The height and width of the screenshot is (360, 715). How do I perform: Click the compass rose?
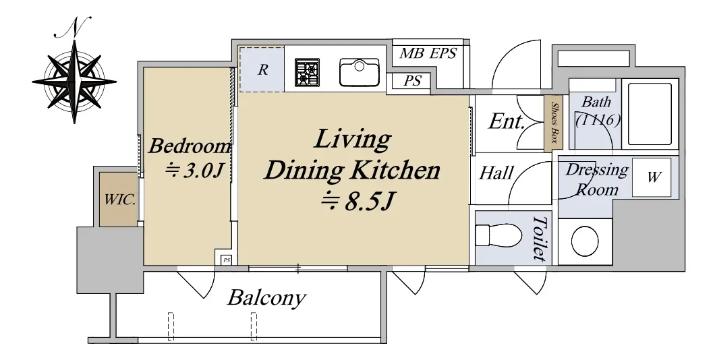pos(74,82)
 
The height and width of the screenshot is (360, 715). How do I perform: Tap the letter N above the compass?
pos(74,28)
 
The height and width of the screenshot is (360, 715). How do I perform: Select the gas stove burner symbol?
pos(307,72)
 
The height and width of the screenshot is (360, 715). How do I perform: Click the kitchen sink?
pos(360,72)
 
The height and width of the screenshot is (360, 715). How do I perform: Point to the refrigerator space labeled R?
pos(262,69)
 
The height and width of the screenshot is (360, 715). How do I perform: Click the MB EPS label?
pos(428,53)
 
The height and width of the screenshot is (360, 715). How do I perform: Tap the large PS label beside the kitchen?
pos(413,81)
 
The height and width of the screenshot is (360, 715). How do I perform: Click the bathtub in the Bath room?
pos(650,113)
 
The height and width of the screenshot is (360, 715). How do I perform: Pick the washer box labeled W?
pos(652,177)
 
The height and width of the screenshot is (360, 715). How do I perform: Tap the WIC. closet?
pos(119,200)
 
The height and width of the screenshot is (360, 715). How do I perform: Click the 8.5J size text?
pos(357,202)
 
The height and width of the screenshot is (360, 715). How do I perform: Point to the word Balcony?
pos(266,298)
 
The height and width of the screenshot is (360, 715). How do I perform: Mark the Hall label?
pos(496,173)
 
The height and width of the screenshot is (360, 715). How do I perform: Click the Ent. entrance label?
pos(506,121)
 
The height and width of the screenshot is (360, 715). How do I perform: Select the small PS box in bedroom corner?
pos(227,260)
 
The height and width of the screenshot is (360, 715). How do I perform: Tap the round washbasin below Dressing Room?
pos(585,242)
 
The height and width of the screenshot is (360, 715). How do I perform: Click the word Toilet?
pos(540,239)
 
